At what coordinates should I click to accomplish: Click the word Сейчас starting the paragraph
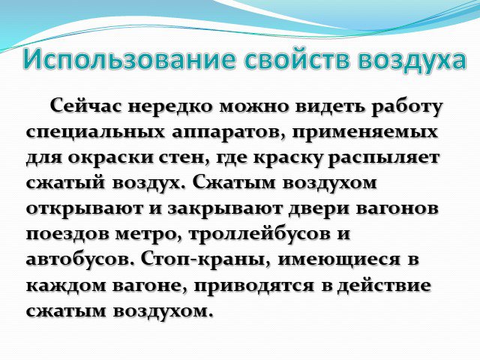coord(87,106)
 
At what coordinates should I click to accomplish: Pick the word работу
coord(407,107)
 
